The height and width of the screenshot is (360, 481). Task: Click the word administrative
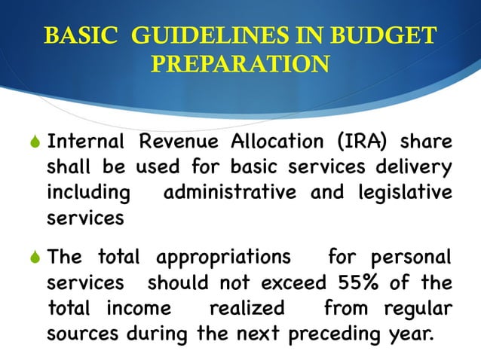231,193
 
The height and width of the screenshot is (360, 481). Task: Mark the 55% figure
355,284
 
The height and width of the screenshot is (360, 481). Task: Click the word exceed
291,284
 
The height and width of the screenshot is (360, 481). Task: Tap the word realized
247,309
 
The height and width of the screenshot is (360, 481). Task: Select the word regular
418,309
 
